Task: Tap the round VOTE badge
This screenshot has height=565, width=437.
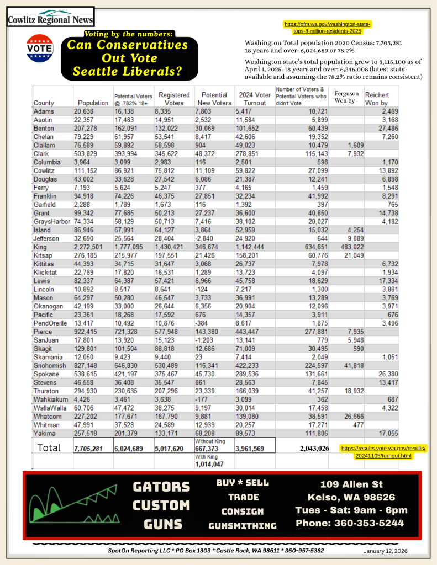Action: click(41, 48)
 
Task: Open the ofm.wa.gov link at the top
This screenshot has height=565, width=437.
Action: click(327, 28)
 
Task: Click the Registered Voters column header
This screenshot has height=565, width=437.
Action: click(174, 99)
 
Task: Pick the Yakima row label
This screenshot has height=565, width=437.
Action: click(43, 434)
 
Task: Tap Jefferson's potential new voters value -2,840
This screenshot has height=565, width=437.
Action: click(207, 239)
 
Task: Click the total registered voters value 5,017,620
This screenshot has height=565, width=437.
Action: click(173, 449)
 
